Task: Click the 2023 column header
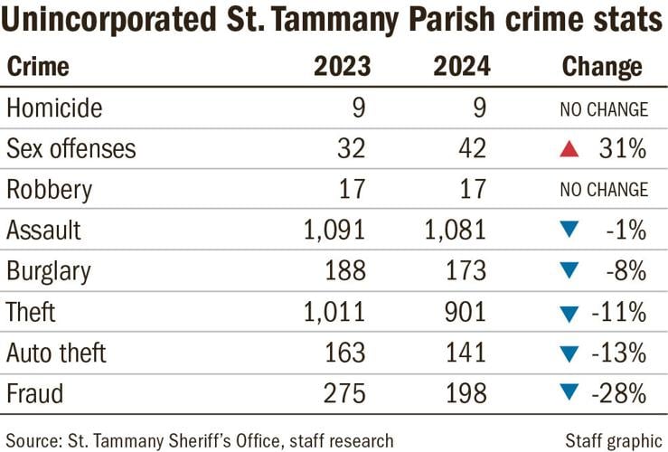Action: pos(339,67)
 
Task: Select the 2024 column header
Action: pos(460,67)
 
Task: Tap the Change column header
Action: pos(602,67)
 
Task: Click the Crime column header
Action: pos(38,67)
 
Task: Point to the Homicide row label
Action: pos(54,108)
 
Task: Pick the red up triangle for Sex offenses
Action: pos(569,149)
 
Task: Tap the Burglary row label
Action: pos(50,271)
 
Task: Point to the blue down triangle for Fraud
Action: pos(569,395)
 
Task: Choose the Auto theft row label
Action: pos(57,353)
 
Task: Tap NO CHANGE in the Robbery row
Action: pos(603,190)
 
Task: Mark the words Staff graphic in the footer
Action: pos(614,440)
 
